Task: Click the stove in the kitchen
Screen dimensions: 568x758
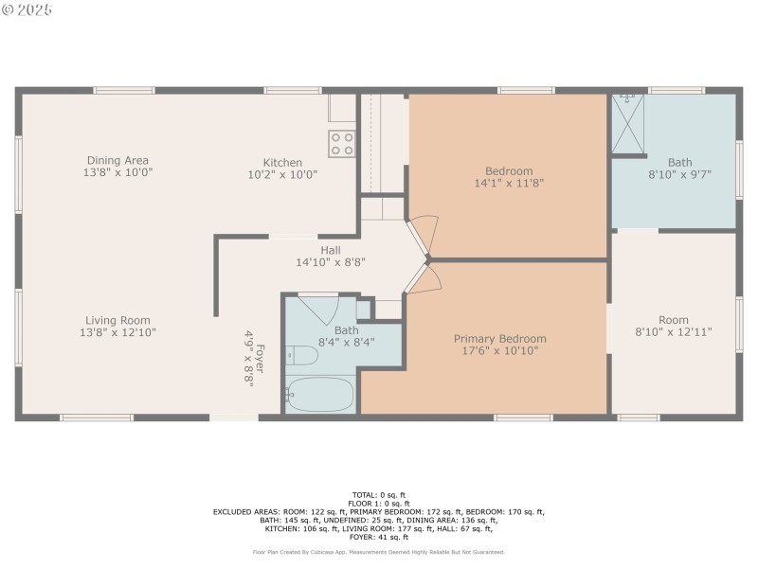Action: pyautogui.click(x=341, y=143)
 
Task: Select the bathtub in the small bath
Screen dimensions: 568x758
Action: pyautogui.click(x=320, y=393)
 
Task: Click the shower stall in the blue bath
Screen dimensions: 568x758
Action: pyautogui.click(x=627, y=124)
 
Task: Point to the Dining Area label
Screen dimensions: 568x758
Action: pyautogui.click(x=117, y=160)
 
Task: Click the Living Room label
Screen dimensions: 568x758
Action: pyautogui.click(x=117, y=320)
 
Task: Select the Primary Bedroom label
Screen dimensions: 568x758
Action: pyautogui.click(x=499, y=339)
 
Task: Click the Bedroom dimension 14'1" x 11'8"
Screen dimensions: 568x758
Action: pyautogui.click(x=509, y=184)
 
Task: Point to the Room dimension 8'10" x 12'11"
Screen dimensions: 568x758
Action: pyautogui.click(x=674, y=332)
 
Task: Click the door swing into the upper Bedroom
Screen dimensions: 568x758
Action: pyautogui.click(x=423, y=233)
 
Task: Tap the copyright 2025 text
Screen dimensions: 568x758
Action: pyautogui.click(x=28, y=9)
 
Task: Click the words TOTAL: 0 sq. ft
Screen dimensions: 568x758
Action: pyautogui.click(x=379, y=494)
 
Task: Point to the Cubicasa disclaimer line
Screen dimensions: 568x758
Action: pyautogui.click(x=379, y=552)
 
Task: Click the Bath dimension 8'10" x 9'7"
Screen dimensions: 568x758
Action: pyautogui.click(x=679, y=174)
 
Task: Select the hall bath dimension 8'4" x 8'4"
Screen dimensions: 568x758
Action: pyautogui.click(x=346, y=342)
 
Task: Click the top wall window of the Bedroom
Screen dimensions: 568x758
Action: pyautogui.click(x=526, y=91)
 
